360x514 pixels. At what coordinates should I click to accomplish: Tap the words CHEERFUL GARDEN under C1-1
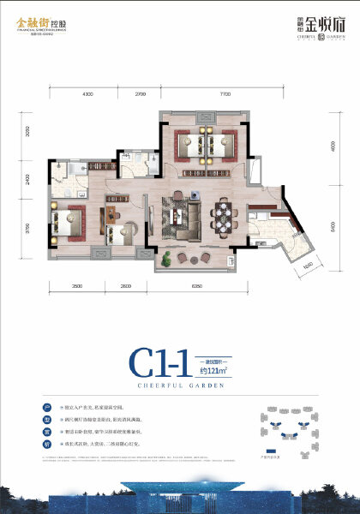tap(179, 386)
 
